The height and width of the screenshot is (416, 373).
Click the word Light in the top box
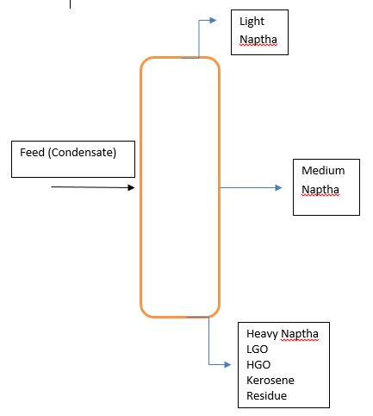click(x=252, y=22)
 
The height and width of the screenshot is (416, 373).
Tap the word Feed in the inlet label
click(x=33, y=153)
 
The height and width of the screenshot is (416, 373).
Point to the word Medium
click(x=323, y=171)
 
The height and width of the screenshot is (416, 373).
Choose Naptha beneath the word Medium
click(x=320, y=190)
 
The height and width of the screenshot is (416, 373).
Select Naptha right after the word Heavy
click(x=300, y=334)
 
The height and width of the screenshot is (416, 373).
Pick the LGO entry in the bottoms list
click(x=257, y=350)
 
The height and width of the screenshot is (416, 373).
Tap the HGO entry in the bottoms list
click(x=258, y=365)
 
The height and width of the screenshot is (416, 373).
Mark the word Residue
click(x=266, y=396)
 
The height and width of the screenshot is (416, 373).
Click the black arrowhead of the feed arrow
click(x=131, y=187)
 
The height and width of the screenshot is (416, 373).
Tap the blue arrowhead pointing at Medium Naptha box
click(x=277, y=187)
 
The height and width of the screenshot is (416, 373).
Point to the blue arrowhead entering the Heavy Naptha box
click(x=227, y=364)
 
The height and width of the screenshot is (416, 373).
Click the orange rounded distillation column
click(x=180, y=187)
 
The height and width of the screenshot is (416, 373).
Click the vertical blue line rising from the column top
click(x=200, y=39)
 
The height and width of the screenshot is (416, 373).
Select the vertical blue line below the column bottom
click(x=208, y=341)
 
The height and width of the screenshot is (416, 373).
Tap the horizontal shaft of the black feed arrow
click(x=86, y=186)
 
